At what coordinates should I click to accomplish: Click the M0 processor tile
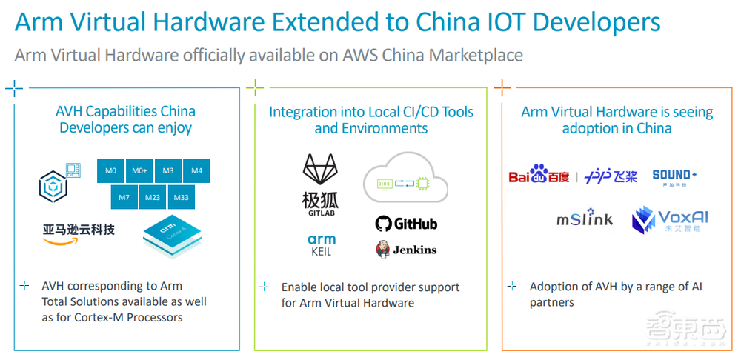tap(110, 171)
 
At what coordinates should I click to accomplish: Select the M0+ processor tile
tap(139, 171)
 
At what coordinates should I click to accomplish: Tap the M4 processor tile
tap(196, 171)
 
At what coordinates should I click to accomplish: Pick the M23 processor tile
tap(153, 198)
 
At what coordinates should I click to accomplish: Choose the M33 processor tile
tap(181, 198)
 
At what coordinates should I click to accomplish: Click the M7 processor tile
tap(124, 198)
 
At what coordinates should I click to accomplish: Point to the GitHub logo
tap(405, 224)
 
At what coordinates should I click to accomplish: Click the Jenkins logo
tap(405, 249)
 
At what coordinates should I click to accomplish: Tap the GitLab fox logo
tap(320, 180)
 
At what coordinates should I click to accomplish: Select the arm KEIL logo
tap(321, 244)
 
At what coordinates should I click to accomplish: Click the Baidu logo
tap(539, 177)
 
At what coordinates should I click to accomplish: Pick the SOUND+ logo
tap(674, 177)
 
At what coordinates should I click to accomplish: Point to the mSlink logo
tap(585, 220)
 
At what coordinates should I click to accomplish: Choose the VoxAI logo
tap(670, 220)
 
